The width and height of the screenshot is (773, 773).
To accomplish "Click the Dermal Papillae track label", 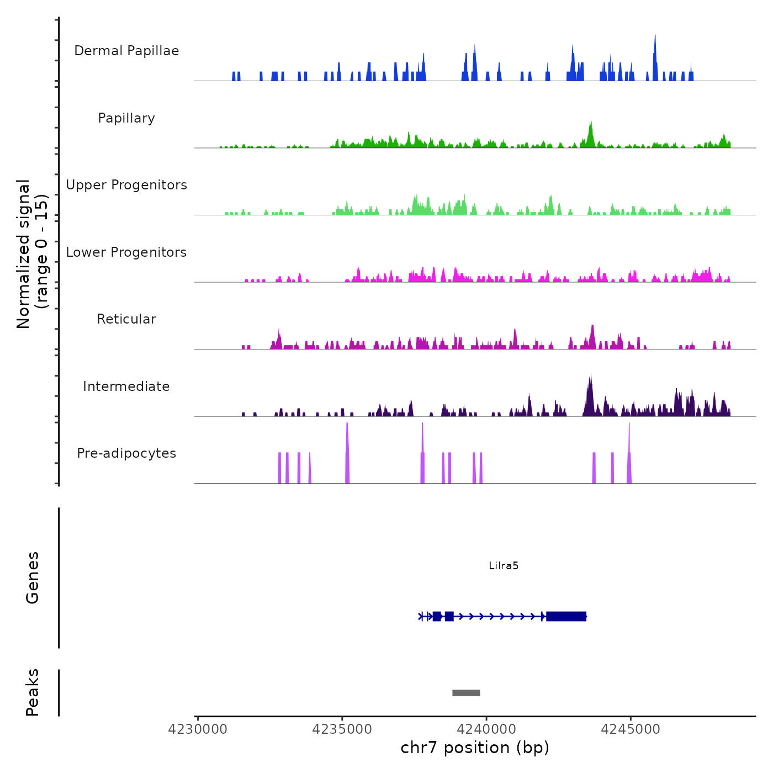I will click(x=126, y=51).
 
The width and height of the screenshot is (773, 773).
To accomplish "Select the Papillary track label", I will click(x=126, y=118).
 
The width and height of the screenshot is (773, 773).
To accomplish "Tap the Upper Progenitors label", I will click(x=126, y=185).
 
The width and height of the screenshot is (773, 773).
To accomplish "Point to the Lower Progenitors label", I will click(x=126, y=252).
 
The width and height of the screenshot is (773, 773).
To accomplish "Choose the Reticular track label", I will click(x=126, y=319).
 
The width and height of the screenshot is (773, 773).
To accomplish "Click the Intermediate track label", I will click(x=126, y=386).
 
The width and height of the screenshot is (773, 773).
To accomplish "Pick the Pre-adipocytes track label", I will click(x=126, y=453).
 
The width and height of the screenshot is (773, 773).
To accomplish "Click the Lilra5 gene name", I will click(x=504, y=566).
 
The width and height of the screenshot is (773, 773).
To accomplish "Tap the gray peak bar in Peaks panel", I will click(x=466, y=693).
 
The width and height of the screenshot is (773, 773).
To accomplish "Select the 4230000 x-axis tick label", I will click(x=198, y=729).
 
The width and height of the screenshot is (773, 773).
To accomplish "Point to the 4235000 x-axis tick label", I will click(x=342, y=729).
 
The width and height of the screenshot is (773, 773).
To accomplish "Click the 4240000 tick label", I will click(x=486, y=729).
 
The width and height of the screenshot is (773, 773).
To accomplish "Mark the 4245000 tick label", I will click(x=631, y=729).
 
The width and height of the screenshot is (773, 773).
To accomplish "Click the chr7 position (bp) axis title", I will click(x=475, y=748).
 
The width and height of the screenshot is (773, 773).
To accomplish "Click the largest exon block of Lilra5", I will click(x=566, y=616).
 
